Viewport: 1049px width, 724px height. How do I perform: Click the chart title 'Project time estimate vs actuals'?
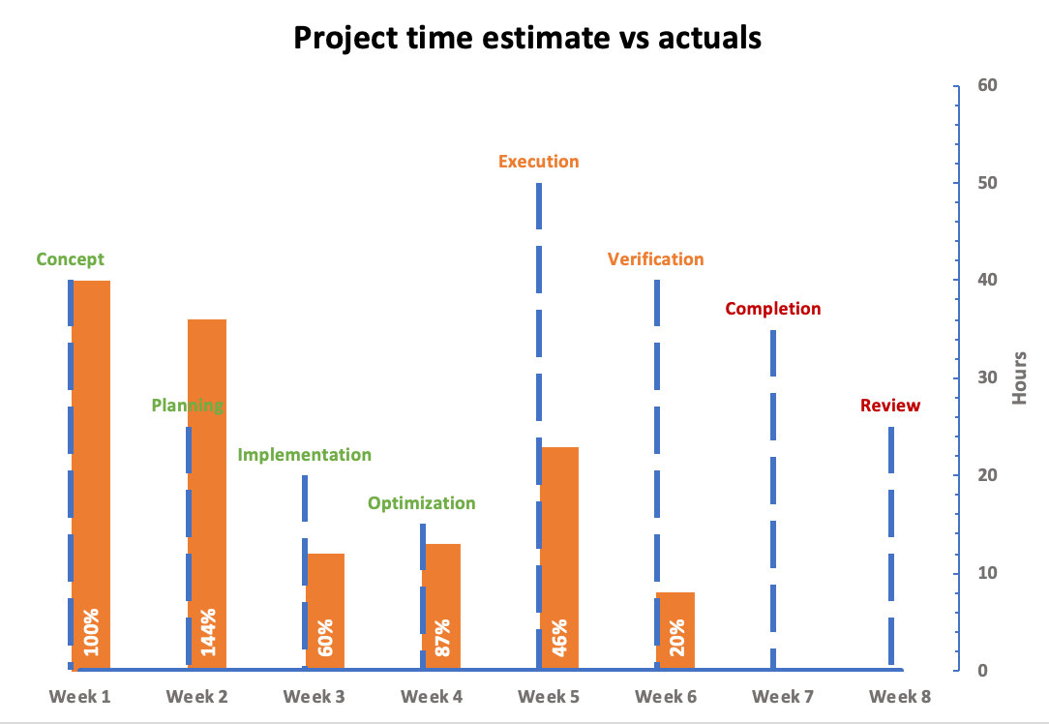point(527,37)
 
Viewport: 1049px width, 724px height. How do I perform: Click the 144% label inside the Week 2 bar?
point(208,631)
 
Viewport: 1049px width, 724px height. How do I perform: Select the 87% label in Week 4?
point(442,637)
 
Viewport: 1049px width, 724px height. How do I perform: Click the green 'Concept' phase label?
point(70,259)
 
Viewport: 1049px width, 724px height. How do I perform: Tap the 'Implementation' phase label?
point(304,455)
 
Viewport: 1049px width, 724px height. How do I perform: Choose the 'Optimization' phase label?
point(421,503)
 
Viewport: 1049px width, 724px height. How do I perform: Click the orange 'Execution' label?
point(538,162)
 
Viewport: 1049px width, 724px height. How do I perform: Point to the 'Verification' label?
point(655,259)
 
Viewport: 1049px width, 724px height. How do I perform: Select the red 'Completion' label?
point(772,309)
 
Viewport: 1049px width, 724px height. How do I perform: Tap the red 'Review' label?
point(890,406)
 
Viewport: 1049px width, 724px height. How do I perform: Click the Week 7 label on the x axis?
point(784,696)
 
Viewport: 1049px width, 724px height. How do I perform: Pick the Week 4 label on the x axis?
point(432,696)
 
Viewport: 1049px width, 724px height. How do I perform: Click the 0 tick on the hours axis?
point(981,670)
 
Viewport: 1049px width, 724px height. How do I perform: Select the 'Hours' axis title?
point(1020,377)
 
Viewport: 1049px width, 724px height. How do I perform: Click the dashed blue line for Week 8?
point(890,542)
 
